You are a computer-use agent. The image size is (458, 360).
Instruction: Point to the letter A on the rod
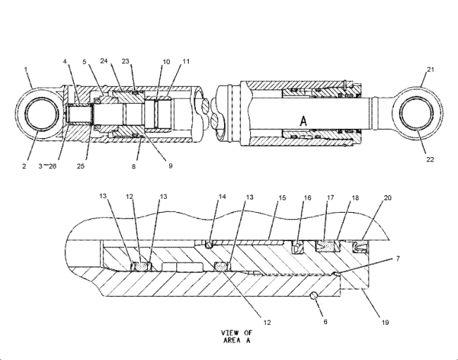[x=304, y=121]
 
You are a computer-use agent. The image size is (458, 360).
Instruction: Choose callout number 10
[x=167, y=61]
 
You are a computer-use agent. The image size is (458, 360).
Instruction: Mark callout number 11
[x=185, y=61]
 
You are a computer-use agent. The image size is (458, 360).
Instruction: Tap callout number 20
[x=386, y=199]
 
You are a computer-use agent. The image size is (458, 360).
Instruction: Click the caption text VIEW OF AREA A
[x=237, y=336]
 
